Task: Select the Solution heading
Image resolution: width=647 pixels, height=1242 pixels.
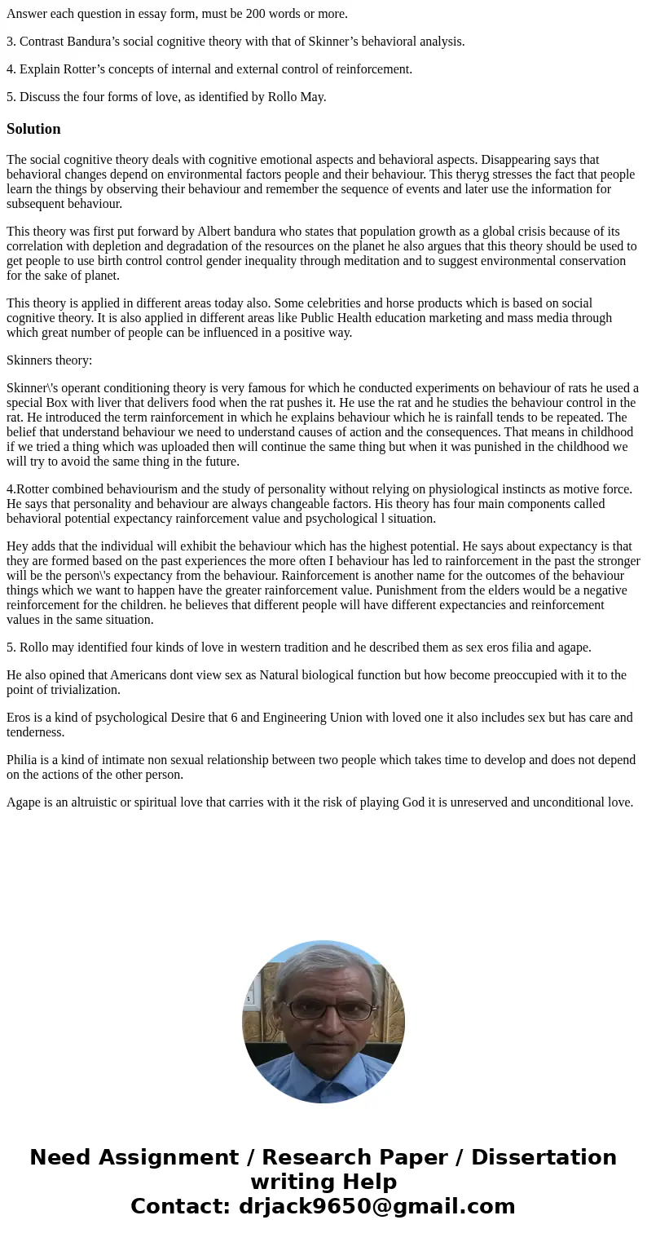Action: tap(33, 129)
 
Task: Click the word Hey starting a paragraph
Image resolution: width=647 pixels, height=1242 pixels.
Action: tap(17, 546)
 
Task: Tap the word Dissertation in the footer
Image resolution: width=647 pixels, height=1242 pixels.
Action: tap(544, 1158)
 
